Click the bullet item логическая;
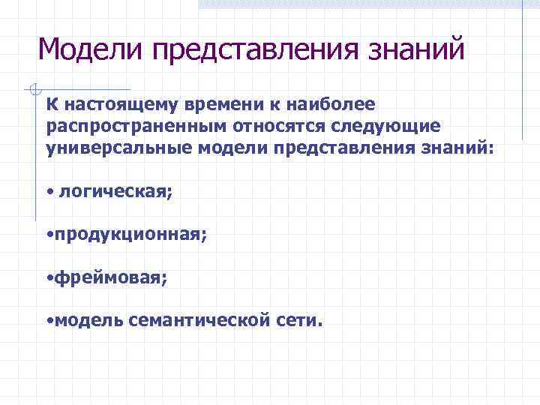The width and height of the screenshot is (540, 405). coord(116,193)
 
